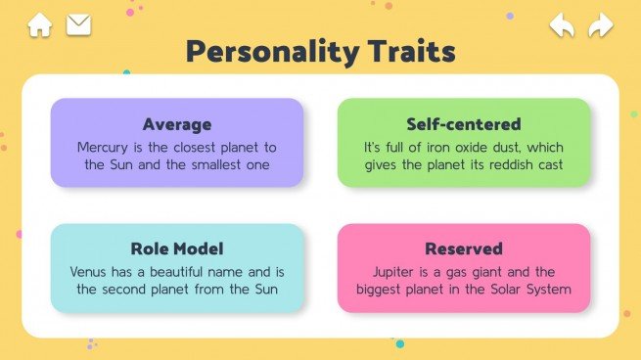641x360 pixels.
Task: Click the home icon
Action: pos(39,24)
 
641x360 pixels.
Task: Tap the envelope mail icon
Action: pos(78,24)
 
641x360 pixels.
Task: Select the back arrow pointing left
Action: pos(561,24)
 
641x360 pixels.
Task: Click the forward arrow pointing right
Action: pos(600,24)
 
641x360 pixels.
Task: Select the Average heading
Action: pos(177,124)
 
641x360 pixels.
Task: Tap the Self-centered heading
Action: pos(464,124)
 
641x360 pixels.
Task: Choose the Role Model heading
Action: pos(177,248)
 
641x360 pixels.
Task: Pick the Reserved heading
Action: pos(464,248)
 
